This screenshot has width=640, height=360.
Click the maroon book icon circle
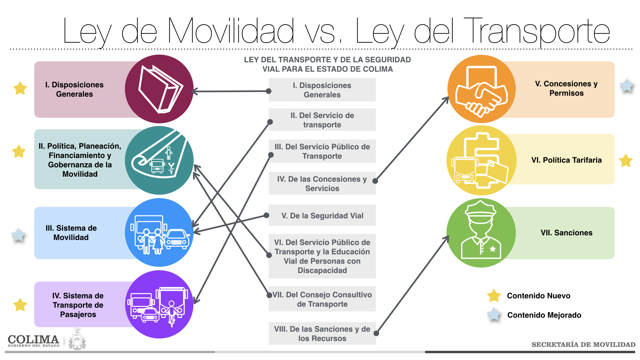(x=159, y=89)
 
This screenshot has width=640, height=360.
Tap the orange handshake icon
(x=481, y=89)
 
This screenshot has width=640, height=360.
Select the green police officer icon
(x=481, y=233)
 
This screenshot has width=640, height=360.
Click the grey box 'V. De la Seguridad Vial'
(x=322, y=215)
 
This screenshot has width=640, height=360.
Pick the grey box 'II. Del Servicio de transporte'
(x=322, y=120)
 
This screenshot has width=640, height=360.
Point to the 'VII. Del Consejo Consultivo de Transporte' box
(x=322, y=299)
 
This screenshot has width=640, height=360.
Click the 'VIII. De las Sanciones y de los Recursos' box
(x=322, y=333)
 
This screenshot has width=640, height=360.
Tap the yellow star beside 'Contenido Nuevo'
(x=494, y=295)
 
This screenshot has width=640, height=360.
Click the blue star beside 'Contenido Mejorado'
(x=494, y=314)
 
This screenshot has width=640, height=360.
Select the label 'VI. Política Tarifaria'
(x=566, y=160)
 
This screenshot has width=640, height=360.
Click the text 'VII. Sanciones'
(x=566, y=233)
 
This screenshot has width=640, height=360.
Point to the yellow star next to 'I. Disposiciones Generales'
(x=20, y=88)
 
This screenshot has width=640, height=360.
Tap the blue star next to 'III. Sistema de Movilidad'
(x=18, y=235)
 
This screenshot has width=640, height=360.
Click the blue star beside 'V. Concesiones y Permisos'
(x=627, y=86)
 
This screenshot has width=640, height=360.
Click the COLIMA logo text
(x=33, y=340)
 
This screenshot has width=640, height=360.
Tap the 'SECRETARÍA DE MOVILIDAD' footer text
(x=583, y=345)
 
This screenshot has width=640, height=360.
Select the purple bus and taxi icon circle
(x=159, y=304)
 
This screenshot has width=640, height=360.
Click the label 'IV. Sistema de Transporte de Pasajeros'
(x=78, y=305)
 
